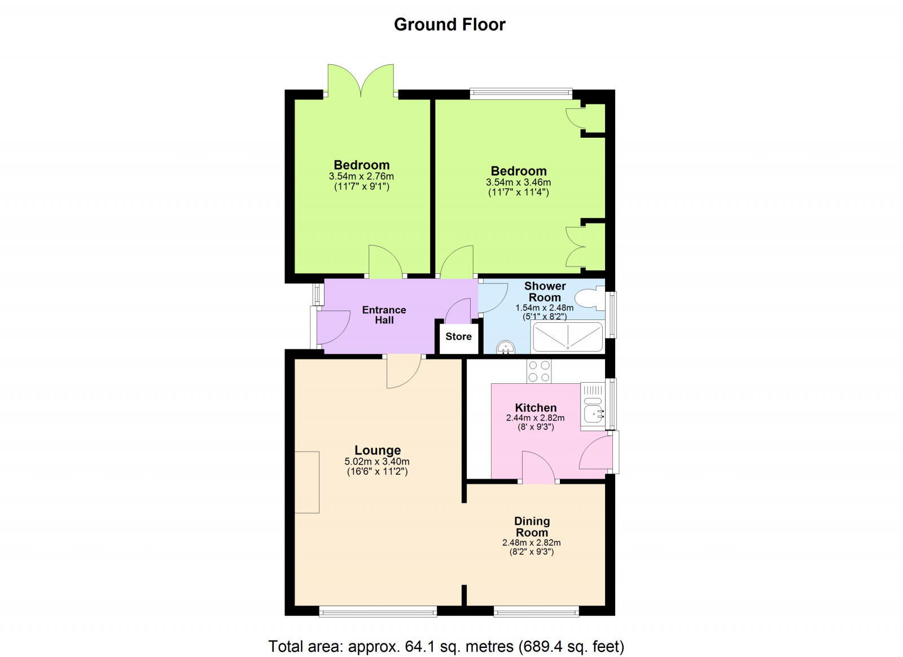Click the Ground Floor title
[x=449, y=24]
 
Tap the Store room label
[x=458, y=336]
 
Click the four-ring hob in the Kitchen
[x=538, y=371]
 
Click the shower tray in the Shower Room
[x=567, y=337]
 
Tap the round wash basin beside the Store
[x=506, y=348]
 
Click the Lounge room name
[x=378, y=450]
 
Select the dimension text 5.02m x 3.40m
[x=377, y=461]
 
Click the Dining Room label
[x=532, y=527]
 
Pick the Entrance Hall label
[x=384, y=315]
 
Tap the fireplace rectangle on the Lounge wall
[x=307, y=482]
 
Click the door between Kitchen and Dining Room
[x=538, y=468]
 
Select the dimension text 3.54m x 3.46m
[x=518, y=182]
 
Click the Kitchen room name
[x=536, y=408]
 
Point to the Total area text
[x=446, y=646]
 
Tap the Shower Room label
[x=545, y=291]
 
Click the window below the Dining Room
[x=536, y=611]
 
